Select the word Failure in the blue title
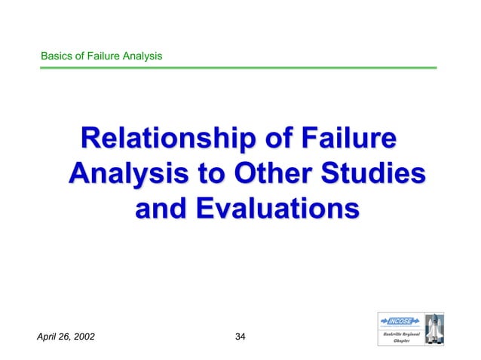click(x=348, y=141)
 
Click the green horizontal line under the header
click(x=237, y=68)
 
